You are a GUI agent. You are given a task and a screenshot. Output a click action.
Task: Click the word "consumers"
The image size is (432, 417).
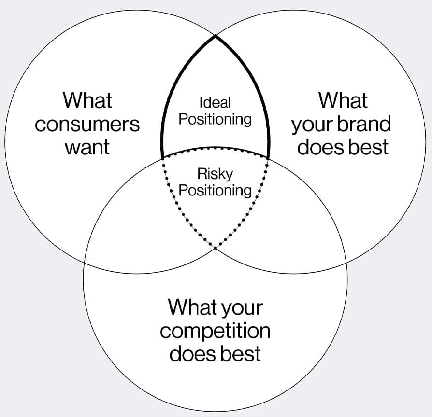[x=87, y=125]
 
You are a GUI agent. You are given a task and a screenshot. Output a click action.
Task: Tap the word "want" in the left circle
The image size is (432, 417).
[x=87, y=147]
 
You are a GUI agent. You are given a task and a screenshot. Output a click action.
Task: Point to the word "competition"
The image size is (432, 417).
[x=215, y=331]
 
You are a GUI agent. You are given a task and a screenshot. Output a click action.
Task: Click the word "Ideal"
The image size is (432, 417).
[x=215, y=102]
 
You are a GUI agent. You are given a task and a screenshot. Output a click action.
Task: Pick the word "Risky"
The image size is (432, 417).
[x=215, y=173]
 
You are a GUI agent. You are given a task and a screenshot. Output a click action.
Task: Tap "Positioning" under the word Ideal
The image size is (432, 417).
[x=215, y=119]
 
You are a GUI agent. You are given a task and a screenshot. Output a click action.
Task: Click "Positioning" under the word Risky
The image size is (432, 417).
[x=215, y=190]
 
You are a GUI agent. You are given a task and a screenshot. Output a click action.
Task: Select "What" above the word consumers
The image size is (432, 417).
[x=87, y=101]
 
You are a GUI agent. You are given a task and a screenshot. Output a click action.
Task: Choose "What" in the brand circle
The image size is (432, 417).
[x=343, y=101]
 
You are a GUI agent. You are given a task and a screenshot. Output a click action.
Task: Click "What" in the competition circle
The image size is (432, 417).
[x=191, y=307]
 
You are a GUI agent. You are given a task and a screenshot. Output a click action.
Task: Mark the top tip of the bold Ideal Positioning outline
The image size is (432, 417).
[x=215, y=35]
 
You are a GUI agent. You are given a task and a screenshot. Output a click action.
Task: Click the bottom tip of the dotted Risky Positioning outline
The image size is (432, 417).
[x=215, y=248]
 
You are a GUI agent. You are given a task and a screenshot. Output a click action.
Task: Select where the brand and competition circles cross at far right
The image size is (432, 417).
[x=346, y=262]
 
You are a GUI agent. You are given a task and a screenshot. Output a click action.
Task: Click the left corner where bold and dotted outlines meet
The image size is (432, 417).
[x=162, y=157]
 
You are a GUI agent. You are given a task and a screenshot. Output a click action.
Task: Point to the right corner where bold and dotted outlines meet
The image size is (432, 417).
[x=269, y=157]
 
